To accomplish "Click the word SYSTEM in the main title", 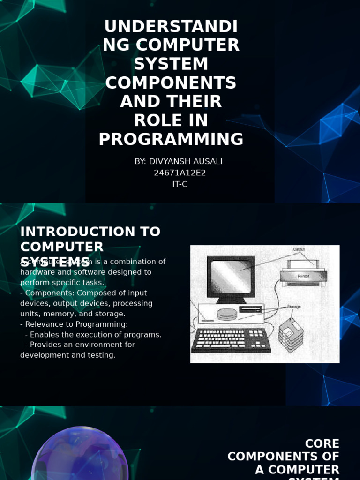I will tap(171, 64).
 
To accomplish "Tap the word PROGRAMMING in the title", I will tap(171, 139).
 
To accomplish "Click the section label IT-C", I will tap(180, 184).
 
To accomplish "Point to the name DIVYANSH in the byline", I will tap(169, 162).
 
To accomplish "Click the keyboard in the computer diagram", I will tap(230, 339).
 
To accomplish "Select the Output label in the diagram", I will tap(299, 249).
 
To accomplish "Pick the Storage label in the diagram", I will tap(293, 307).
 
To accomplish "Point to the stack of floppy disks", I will tap(291, 334).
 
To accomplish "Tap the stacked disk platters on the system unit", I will tap(227, 314).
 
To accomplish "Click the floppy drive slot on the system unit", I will tap(250, 309).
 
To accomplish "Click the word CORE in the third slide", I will tap(322, 443).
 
